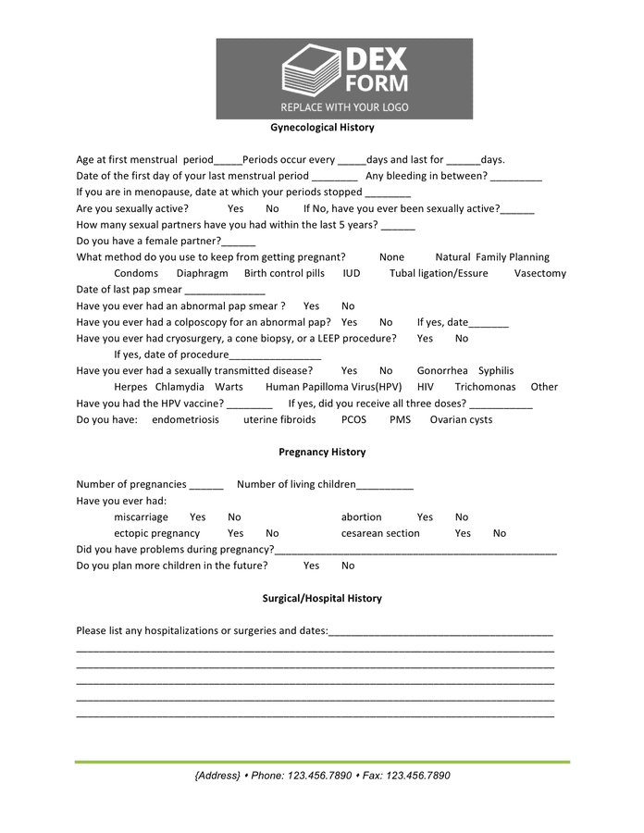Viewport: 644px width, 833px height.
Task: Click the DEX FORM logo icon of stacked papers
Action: click(311, 71)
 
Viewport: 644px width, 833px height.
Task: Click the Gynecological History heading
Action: click(322, 128)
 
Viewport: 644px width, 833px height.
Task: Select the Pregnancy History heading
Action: click(322, 453)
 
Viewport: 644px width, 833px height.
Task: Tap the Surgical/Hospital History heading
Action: click(322, 599)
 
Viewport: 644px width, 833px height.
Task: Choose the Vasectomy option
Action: click(540, 274)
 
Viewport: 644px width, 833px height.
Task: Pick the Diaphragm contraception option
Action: click(202, 274)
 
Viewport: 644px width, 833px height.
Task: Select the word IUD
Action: click(352, 274)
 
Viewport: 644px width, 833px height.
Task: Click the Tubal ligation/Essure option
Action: click(439, 274)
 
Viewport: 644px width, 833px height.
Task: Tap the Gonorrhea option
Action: click(442, 371)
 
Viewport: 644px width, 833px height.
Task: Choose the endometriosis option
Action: click(185, 420)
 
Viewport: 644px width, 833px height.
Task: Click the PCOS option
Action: click(353, 420)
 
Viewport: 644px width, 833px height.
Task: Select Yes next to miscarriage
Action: click(198, 517)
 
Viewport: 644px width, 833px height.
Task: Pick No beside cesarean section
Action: click(500, 534)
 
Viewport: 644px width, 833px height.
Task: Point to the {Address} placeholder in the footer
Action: click(217, 776)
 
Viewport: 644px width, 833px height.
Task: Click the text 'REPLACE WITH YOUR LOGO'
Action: click(344, 107)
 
